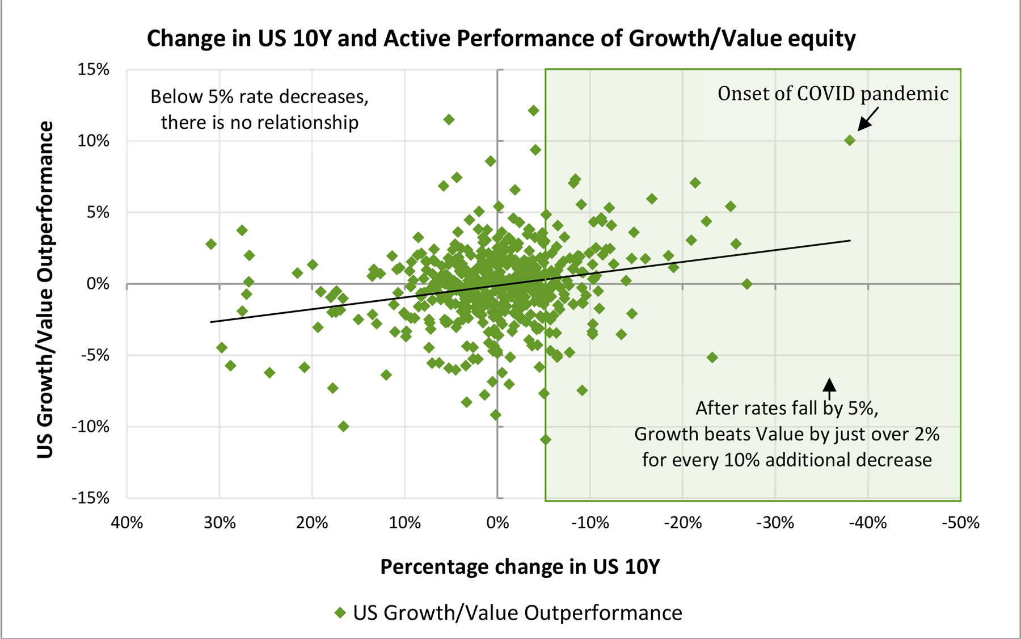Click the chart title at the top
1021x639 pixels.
click(501, 39)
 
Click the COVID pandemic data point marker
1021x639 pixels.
click(850, 140)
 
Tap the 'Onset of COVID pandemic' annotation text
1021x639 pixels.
click(833, 94)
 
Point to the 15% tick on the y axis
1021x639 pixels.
click(94, 70)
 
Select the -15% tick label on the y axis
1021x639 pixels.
click(90, 498)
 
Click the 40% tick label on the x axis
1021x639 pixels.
click(126, 523)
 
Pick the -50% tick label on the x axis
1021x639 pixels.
click(960, 523)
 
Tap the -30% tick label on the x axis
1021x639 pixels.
click(775, 523)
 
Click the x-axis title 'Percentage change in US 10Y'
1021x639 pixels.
click(520, 567)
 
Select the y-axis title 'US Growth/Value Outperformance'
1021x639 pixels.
click(45, 289)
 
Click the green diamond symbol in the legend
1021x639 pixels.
click(340, 613)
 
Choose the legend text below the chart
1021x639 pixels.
click(517, 613)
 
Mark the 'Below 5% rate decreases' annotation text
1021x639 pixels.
click(259, 97)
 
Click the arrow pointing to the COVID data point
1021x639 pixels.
click(868, 119)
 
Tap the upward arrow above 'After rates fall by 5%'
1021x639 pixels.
click(829, 388)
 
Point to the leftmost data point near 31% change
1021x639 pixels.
click(211, 244)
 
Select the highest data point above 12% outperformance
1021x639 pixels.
click(533, 111)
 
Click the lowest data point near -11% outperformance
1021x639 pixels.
click(546, 439)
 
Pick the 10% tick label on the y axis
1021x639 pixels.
click(94, 141)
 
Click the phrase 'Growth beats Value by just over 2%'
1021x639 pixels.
click(786, 434)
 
